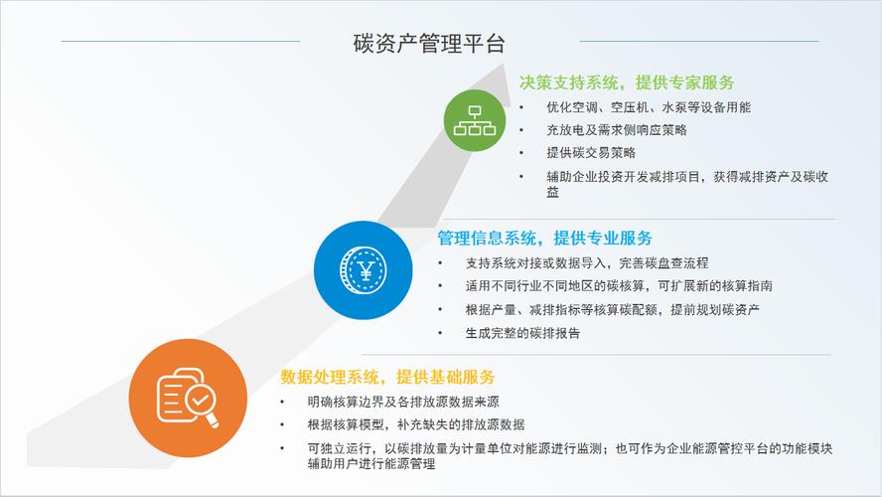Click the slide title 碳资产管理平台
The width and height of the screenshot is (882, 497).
pos(429,44)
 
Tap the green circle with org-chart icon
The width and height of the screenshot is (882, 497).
pos(474,119)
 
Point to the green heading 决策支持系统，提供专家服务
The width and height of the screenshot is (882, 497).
pos(627,83)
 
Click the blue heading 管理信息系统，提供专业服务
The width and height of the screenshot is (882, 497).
pos(544,239)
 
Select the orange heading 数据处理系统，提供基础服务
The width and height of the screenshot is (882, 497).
pos(387,378)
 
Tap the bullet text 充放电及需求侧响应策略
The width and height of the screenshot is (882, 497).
pos(616,130)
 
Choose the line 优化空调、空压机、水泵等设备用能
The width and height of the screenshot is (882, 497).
pos(648,107)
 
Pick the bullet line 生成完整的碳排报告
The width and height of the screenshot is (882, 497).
pos(522,333)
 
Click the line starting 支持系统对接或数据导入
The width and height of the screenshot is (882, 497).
pos(586,263)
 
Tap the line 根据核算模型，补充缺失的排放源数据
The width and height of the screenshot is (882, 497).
pos(416,424)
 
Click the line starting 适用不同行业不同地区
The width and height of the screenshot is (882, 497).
pos(618,286)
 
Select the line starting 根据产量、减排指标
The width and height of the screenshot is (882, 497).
pos(612,309)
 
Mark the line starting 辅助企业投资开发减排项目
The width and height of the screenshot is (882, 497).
pos(687,177)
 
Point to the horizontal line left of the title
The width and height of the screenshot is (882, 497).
pos(180,41)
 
